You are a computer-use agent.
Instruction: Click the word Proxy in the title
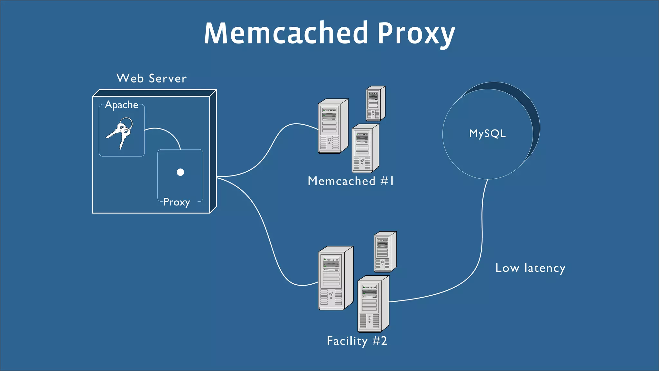pyautogui.click(x=416, y=34)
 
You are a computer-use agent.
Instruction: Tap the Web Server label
pyautogui.click(x=151, y=78)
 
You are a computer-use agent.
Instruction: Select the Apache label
pyautogui.click(x=121, y=105)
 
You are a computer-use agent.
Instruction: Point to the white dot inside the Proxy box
pyautogui.click(x=180, y=172)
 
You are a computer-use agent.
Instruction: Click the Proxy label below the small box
pyautogui.click(x=176, y=202)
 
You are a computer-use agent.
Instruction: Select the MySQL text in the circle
pyautogui.click(x=487, y=133)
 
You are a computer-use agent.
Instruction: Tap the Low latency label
pyautogui.click(x=530, y=268)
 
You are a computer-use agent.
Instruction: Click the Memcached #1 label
pyautogui.click(x=350, y=181)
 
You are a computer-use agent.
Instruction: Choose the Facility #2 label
pyautogui.click(x=357, y=341)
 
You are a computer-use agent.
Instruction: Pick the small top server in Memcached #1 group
pyautogui.click(x=375, y=103)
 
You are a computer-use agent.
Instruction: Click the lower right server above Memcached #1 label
pyautogui.click(x=365, y=149)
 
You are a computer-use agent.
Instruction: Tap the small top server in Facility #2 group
pyautogui.click(x=385, y=252)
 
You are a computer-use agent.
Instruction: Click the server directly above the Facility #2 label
pyautogui.click(x=373, y=304)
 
